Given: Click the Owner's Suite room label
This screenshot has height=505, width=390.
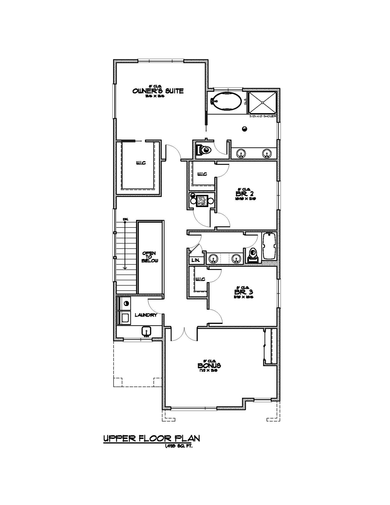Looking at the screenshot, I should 158,91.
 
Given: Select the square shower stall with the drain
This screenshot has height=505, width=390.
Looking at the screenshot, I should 263,103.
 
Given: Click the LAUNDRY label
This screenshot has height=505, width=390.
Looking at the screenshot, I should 146,315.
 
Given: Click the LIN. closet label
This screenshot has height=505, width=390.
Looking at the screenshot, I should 196,260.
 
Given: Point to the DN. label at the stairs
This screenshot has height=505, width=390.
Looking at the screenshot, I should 125,219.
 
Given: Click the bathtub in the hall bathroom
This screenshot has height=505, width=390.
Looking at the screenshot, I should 270,246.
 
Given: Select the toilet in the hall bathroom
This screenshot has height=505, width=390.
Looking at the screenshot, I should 252,254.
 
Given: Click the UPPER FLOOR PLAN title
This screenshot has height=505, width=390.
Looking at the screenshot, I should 151,439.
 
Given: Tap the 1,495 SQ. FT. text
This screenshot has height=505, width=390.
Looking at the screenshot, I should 178,446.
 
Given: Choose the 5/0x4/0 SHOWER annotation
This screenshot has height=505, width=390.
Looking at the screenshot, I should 263,116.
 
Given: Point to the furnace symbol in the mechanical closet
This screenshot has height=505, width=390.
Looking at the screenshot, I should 202,201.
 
